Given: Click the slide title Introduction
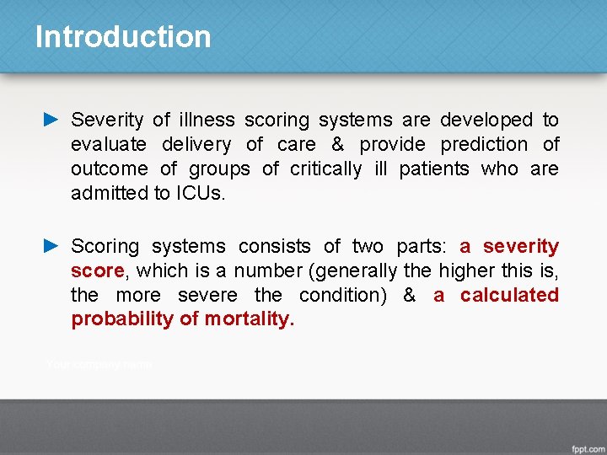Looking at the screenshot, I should tap(123, 37).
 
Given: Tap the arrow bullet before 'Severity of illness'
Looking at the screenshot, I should tap(51, 120).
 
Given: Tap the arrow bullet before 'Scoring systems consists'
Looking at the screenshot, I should tap(51, 246).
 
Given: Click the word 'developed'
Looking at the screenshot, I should tap(487, 120).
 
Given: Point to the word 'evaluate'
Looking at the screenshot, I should tap(109, 145).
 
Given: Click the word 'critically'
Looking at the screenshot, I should tap(326, 169).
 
